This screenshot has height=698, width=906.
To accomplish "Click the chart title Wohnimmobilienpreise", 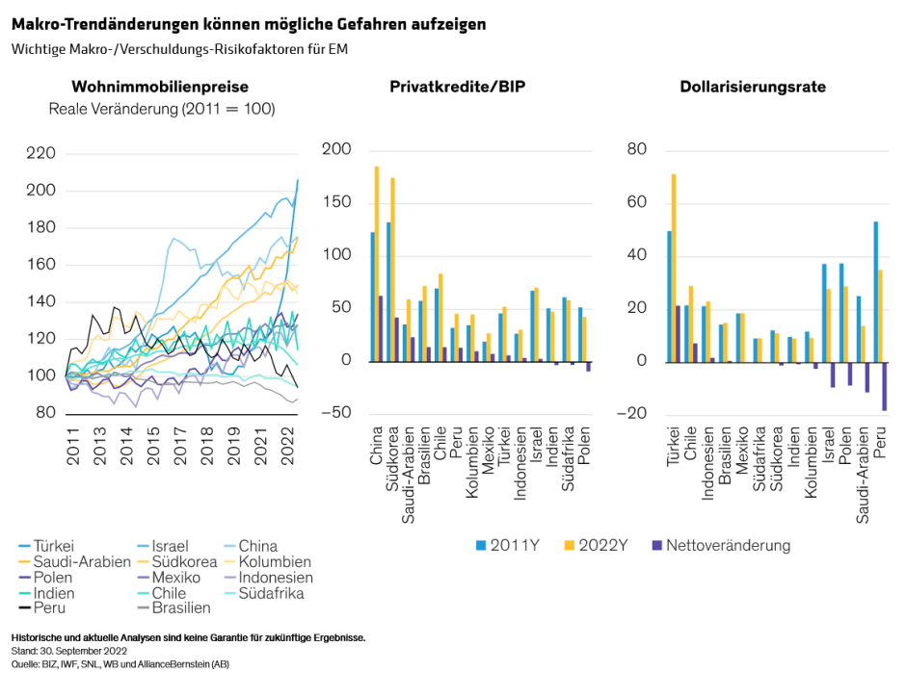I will pos(160,87).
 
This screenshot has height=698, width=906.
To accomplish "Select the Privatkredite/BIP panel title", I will pos(457,87).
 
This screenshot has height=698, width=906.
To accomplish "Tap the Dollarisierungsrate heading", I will pos(753,87).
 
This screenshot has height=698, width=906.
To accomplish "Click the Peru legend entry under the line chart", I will pos(49,608).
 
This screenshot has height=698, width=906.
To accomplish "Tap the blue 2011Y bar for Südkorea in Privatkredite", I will pos(387,292).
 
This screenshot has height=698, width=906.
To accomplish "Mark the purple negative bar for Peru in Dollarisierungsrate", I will pos(884,386).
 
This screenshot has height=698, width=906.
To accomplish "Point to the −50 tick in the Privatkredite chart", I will pos(337,414).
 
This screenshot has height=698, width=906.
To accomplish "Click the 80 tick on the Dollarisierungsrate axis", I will pos(635,149).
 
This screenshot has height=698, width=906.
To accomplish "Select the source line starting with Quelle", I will pos(120,664).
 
